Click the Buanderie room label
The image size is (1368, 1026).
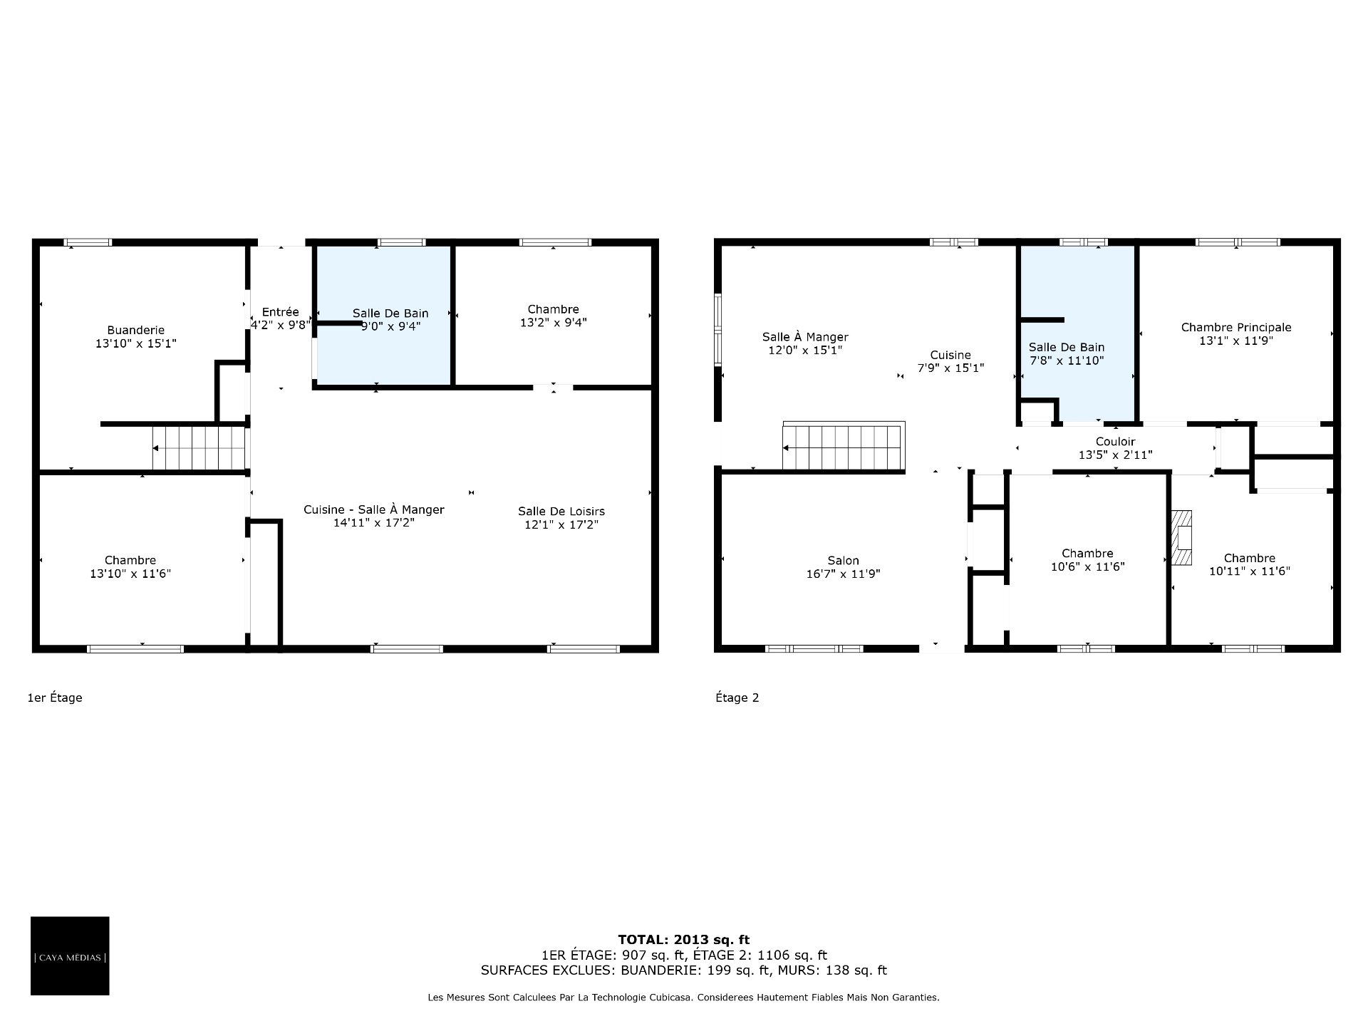click(135, 330)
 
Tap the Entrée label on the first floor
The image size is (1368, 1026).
click(280, 312)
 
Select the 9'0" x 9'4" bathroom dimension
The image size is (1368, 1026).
click(390, 326)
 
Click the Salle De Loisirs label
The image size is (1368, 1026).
click(561, 512)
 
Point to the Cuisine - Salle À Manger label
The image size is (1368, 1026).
click(374, 509)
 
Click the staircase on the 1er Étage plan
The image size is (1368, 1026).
click(199, 448)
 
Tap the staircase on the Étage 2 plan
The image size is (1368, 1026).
click(844, 447)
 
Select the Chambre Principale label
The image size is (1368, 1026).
click(1236, 328)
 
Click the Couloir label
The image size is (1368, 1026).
click(1115, 442)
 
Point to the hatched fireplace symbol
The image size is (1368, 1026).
click(1182, 538)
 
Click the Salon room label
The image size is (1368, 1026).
click(843, 561)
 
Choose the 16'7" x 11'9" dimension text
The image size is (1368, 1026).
click(843, 574)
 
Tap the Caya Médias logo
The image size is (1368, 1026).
click(70, 955)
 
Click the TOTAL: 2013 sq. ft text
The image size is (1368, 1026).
click(683, 940)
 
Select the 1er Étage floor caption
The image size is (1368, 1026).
click(55, 698)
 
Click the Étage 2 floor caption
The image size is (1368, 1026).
click(737, 698)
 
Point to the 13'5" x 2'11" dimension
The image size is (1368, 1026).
click(1115, 455)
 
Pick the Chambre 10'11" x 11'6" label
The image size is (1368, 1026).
click(1250, 564)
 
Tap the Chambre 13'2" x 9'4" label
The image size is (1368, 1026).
click(554, 316)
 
